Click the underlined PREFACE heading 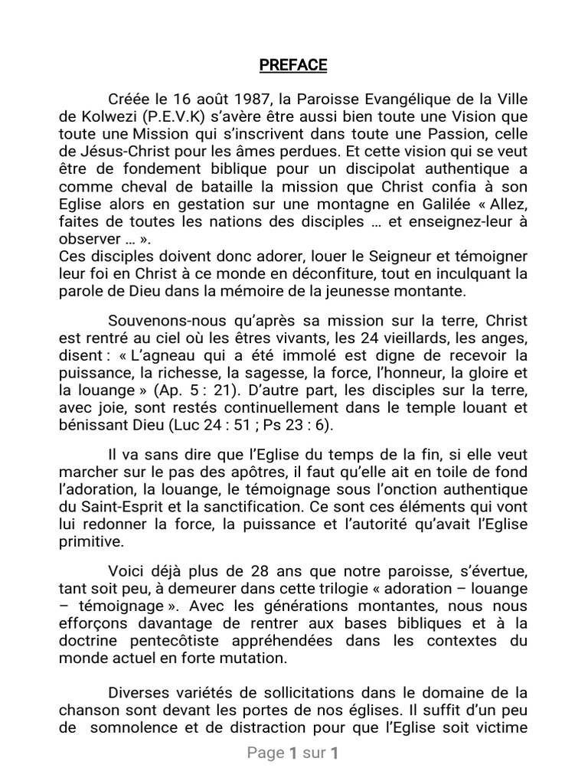point(293,65)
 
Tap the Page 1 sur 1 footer point(293,754)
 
